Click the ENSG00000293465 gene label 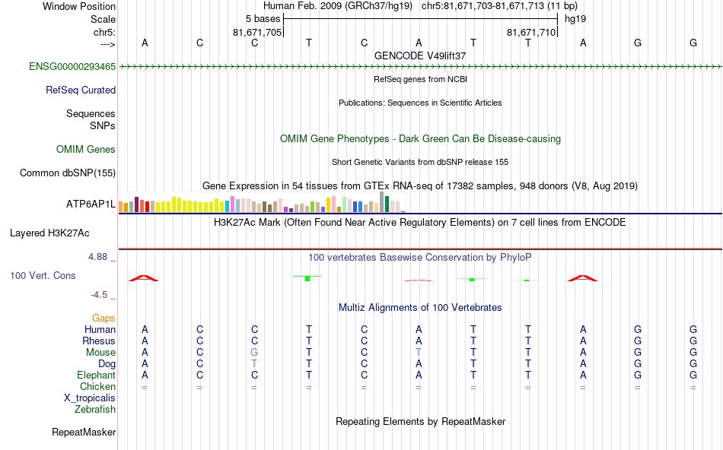click(72, 66)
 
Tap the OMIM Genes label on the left click(86, 149)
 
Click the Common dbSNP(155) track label click(67, 173)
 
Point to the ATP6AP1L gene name click(91, 204)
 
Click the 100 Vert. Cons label click(43, 275)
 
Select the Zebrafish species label click(95, 409)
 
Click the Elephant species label click(96, 375)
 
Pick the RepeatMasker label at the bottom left click(84, 433)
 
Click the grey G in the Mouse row click(255, 352)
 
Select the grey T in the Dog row click(255, 363)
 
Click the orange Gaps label click(104, 318)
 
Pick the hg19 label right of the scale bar click(575, 18)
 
